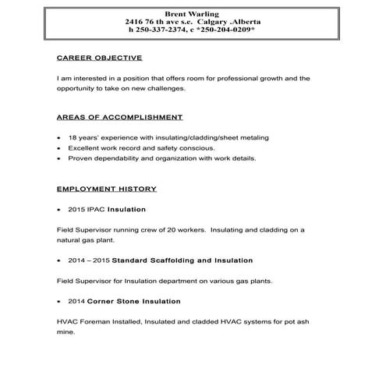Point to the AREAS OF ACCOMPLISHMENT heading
120,118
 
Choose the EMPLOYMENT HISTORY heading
107,189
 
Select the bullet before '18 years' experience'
60,138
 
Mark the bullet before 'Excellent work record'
60,148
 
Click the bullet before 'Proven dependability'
60,158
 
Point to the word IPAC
96,210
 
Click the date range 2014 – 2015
89,259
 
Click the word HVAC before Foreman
67,321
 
